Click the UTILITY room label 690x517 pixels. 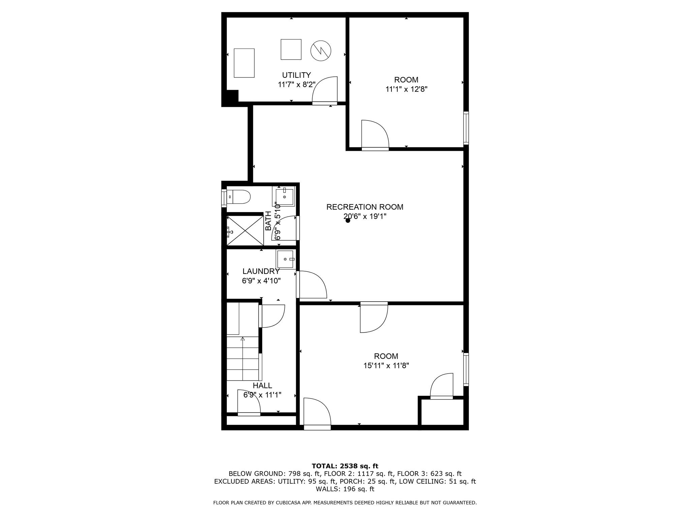tap(296, 75)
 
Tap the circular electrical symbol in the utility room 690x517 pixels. tap(320, 51)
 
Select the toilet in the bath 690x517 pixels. tap(239, 197)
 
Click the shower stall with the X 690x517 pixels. tap(245, 231)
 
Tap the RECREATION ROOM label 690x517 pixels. tap(365, 207)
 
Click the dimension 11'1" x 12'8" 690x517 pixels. tap(406, 89)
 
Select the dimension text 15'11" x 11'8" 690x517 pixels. tap(386, 366)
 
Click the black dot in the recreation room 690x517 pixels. tap(348, 220)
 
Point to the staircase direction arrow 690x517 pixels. tap(242, 339)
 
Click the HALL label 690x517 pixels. tap(262, 385)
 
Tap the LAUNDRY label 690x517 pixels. tap(261, 271)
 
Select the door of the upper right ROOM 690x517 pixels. tap(375, 135)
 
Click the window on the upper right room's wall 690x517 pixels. tap(466, 128)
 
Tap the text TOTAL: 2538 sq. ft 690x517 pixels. tap(345, 466)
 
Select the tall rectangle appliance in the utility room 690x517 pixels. tap(244, 63)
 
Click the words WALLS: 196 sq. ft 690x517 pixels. tap(345, 489)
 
